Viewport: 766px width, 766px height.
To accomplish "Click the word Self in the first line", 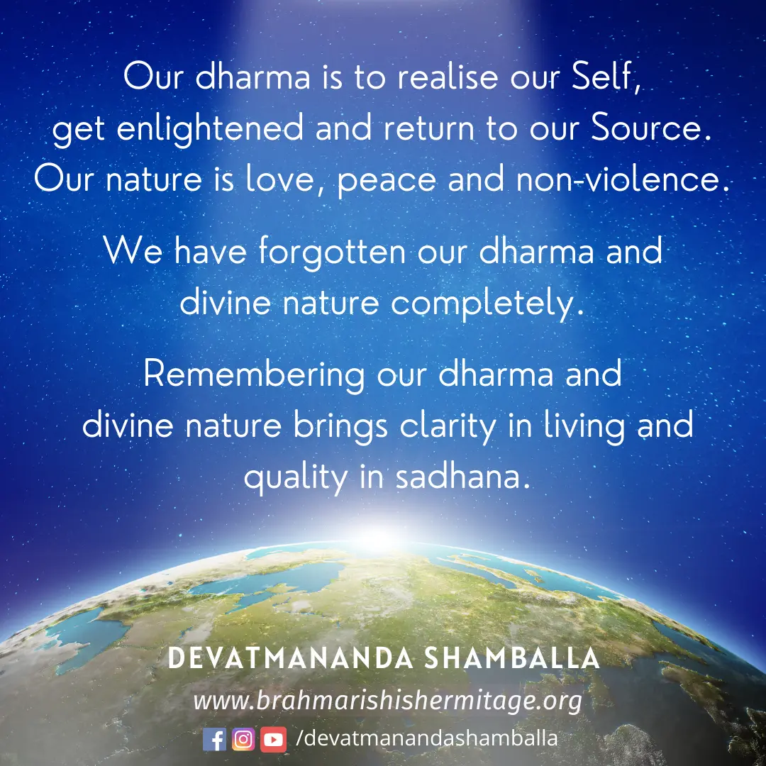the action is (606, 77).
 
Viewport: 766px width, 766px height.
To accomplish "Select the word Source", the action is (650, 128).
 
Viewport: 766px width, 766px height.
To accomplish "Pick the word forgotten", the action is (332, 252).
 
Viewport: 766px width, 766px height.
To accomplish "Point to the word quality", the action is (296, 478).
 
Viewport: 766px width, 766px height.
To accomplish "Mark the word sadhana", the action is (462, 477).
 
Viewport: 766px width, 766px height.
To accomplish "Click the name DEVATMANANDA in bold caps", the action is (291, 658).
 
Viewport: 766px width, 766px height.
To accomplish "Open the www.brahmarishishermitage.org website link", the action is (388, 701).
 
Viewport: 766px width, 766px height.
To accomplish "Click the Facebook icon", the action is (214, 739).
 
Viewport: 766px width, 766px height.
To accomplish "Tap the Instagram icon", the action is (243, 739).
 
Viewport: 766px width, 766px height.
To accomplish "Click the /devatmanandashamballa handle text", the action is (426, 738).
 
